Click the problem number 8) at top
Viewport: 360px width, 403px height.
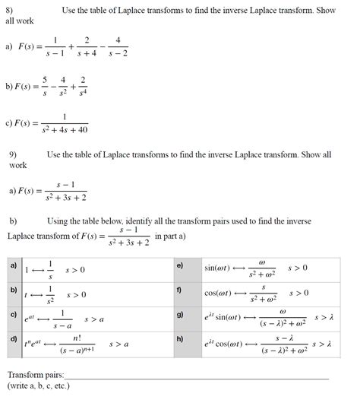tap(10, 8)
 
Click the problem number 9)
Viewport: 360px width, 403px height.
tap(13, 154)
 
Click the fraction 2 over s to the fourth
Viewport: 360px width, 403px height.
tap(83, 84)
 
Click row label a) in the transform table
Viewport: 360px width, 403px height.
tap(13, 265)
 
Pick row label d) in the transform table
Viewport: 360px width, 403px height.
tap(14, 338)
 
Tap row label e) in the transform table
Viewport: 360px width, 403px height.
tap(180, 265)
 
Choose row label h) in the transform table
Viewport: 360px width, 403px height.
tap(180, 338)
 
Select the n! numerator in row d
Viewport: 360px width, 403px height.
tap(77, 337)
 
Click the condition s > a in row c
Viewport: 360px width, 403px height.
tap(94, 319)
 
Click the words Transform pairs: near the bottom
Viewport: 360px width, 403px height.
tap(36, 376)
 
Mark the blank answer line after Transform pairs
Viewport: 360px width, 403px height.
tap(197, 378)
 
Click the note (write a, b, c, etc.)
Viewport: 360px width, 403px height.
tap(38, 386)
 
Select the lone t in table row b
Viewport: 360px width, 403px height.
tap(27, 294)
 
